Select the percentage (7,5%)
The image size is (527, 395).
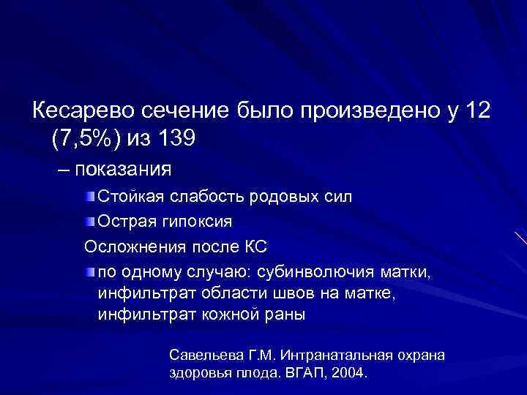coord(86,137)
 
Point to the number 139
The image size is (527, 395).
coord(174,137)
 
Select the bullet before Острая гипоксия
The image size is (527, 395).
coord(89,220)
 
